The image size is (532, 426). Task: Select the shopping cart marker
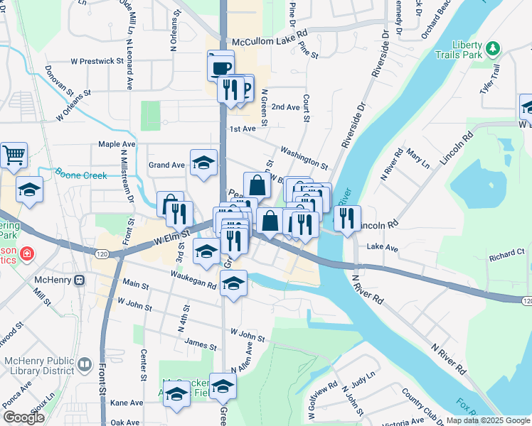(14, 155)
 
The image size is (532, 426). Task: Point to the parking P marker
(245, 88)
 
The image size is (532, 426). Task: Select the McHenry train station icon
(79, 279)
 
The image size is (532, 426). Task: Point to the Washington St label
(304, 157)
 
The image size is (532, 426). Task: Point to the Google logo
(23, 417)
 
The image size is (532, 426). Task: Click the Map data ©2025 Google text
(488, 420)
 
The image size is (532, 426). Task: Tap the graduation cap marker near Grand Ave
(203, 162)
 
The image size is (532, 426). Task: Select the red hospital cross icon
(26, 253)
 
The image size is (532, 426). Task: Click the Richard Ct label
(506, 252)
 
